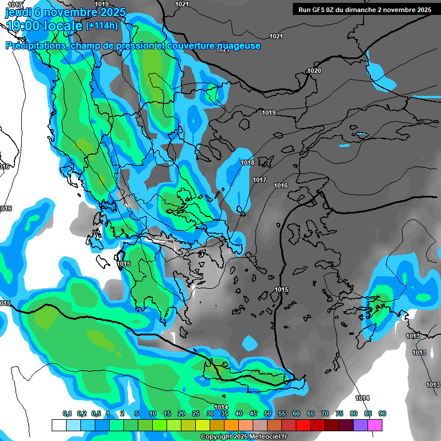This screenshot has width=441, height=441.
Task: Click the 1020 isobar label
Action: point(314,71)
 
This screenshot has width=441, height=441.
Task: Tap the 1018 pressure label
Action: point(247,163)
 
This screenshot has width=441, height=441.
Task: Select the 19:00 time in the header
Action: point(24,25)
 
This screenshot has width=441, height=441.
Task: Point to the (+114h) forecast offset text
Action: point(102,25)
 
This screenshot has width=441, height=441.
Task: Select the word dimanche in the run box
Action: point(359,10)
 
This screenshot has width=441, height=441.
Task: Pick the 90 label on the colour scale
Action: point(382,414)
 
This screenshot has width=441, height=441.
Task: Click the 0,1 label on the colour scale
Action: point(67,414)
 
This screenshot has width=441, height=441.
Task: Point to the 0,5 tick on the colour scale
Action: point(95,414)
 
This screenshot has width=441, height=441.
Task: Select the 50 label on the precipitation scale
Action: point(268,414)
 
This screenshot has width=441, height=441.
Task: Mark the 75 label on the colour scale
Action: point(339,414)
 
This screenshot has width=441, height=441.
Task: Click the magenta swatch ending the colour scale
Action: point(376,425)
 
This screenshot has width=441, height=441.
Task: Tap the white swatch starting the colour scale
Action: point(59,425)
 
